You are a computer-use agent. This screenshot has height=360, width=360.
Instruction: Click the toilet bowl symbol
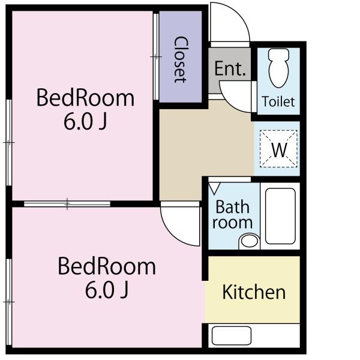click(x=278, y=68)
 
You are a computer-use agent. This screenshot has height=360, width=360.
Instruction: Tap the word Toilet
click(x=278, y=101)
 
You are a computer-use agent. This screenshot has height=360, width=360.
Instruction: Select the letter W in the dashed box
click(x=279, y=149)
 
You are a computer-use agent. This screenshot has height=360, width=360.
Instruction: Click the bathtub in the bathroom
click(x=280, y=216)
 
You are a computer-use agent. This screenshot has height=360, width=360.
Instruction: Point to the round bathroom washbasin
click(x=249, y=241)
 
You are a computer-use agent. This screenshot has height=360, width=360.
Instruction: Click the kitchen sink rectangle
click(x=232, y=335)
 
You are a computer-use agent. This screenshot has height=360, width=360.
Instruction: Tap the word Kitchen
click(x=254, y=292)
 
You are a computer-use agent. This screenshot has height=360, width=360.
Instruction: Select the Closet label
click(x=181, y=59)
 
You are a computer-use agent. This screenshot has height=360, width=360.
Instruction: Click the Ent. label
click(x=230, y=68)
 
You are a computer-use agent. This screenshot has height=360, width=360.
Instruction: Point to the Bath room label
click(x=232, y=215)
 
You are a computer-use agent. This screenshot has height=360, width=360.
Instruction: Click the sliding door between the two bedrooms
click(x=67, y=204)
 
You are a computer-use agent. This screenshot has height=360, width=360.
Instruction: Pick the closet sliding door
click(x=156, y=57)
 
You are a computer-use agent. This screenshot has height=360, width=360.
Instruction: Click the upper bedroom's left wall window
click(x=9, y=143)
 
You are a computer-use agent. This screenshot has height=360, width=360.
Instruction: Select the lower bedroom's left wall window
click(x=9, y=302)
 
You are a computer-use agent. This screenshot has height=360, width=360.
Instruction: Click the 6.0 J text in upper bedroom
click(x=85, y=122)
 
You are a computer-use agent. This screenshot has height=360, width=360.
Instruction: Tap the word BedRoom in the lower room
click(x=107, y=266)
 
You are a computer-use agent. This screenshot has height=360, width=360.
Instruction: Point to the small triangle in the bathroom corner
click(x=214, y=188)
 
